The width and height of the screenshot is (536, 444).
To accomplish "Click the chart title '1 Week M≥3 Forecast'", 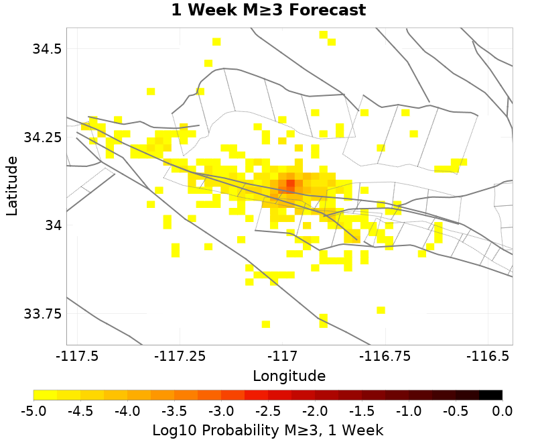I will pos(268,11).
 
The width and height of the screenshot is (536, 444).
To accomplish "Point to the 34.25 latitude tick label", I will pos(41,137).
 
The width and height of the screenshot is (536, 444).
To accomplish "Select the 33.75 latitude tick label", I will pos(41,314).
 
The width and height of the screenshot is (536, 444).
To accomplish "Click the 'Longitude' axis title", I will pos(289,375).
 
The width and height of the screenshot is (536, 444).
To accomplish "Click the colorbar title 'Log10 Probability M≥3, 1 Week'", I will pos(268,429).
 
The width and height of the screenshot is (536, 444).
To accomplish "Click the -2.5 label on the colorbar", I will pos(268,410).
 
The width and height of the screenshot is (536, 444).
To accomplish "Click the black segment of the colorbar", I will pos(490,395).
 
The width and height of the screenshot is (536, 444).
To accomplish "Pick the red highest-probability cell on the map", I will pos(290,183).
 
